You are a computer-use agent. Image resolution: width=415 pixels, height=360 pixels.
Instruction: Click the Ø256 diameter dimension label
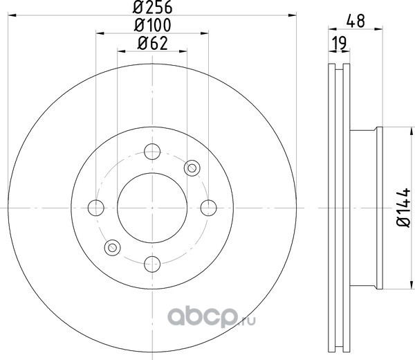[152, 7]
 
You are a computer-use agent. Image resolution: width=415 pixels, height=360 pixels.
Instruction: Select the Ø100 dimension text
[153, 25]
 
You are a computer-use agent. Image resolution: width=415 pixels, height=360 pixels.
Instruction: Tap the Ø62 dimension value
[153, 43]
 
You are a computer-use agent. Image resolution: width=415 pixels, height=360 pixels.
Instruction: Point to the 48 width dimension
[356, 21]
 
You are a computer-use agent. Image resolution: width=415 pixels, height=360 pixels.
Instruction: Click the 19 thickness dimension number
[340, 43]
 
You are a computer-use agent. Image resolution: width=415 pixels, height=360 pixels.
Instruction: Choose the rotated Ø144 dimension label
[403, 208]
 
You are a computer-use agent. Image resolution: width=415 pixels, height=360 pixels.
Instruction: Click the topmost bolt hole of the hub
[152, 152]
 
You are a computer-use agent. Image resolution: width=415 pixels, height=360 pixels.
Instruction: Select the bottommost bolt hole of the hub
[152, 264]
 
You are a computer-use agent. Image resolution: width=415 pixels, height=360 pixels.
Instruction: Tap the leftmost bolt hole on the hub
[96, 208]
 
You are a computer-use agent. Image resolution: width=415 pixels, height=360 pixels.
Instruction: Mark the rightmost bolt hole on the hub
[209, 208]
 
